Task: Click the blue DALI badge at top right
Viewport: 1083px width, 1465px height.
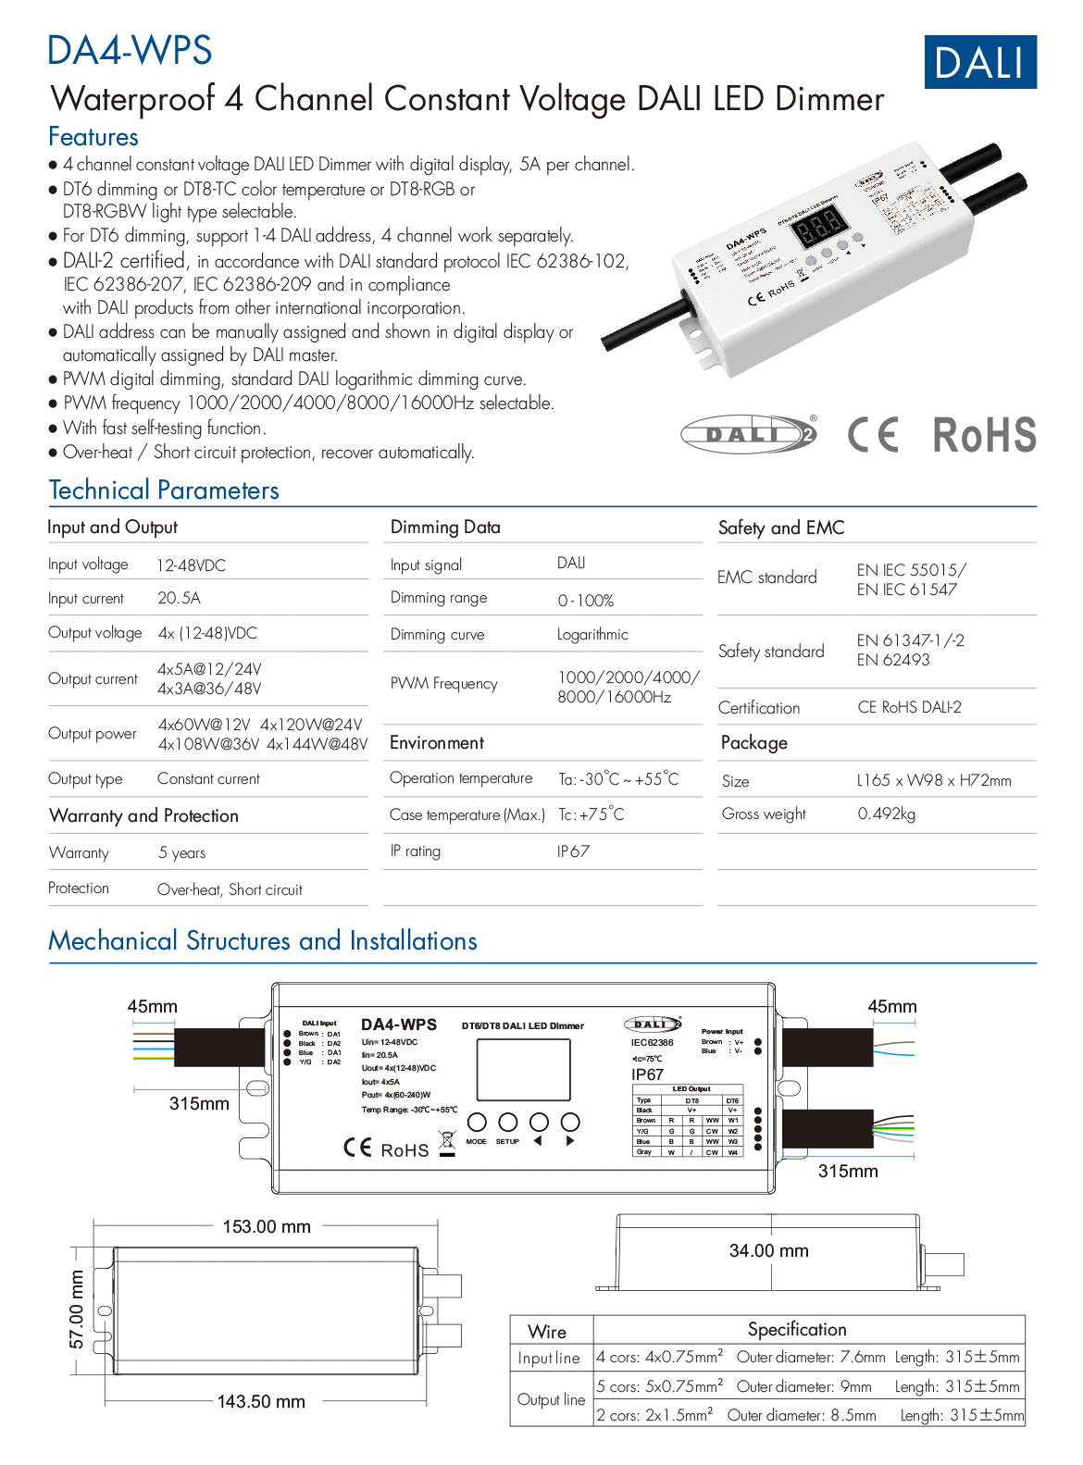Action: click(980, 62)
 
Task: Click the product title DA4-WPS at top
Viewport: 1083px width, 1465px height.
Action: click(130, 50)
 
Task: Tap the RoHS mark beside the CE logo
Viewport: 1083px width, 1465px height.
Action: click(984, 435)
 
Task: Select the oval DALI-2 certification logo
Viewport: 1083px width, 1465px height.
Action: click(749, 434)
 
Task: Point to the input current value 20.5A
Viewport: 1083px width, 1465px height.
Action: click(179, 598)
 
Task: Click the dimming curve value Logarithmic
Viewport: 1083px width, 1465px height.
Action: click(592, 634)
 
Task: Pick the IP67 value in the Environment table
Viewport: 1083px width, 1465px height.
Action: click(573, 851)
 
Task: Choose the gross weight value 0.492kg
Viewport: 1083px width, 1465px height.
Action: click(886, 813)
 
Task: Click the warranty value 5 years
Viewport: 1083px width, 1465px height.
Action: click(181, 852)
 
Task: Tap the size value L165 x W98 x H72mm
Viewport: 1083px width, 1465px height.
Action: click(934, 780)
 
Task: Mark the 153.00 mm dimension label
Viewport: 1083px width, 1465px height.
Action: click(267, 1226)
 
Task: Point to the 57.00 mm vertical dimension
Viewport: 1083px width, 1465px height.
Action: click(77, 1309)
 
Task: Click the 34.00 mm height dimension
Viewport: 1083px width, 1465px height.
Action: click(768, 1250)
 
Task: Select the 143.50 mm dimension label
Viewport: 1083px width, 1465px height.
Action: click(261, 1401)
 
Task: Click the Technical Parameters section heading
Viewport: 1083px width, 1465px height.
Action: click(164, 490)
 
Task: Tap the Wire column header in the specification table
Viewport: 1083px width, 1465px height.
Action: click(547, 1331)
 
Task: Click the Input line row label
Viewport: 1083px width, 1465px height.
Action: click(549, 1358)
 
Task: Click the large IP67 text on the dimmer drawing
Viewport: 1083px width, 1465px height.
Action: click(647, 1074)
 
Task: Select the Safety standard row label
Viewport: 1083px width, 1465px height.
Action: click(771, 652)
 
